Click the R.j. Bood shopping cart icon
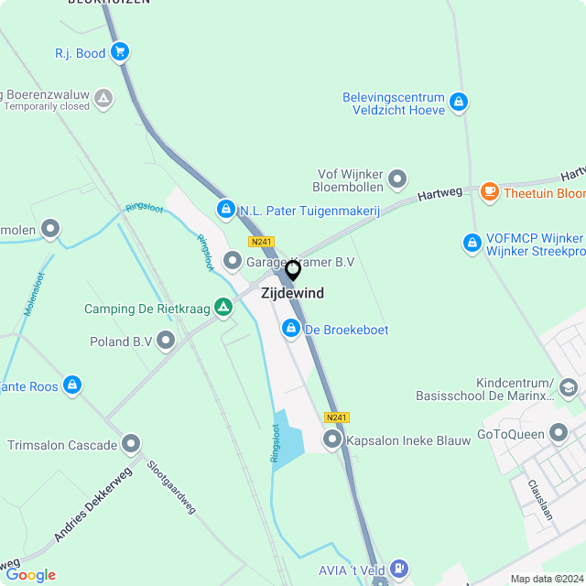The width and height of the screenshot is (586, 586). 120,52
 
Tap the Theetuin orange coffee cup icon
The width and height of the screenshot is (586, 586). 490,192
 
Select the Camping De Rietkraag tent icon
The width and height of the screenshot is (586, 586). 222,308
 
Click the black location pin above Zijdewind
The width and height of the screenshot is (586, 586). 293,270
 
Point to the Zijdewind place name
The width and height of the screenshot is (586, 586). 292,294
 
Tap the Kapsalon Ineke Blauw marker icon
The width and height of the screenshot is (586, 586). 332,440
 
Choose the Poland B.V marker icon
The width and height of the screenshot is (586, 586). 166,342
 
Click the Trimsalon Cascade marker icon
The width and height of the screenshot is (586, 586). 132,445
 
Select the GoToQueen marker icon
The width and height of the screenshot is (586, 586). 559,433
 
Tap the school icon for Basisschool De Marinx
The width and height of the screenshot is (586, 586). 569,389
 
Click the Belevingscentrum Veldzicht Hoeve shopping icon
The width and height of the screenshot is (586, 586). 460,103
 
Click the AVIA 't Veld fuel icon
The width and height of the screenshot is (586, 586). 399,568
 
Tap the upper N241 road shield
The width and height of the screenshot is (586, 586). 261,242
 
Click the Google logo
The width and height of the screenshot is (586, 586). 30,575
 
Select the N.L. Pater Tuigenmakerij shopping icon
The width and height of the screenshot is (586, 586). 225,210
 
